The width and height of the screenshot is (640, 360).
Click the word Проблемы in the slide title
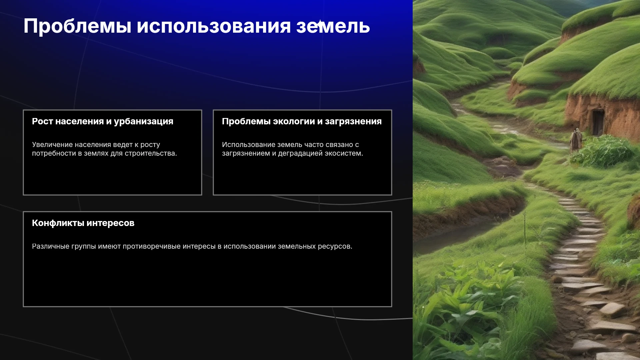pos(77,26)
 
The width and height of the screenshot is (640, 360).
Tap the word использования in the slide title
pos(214,26)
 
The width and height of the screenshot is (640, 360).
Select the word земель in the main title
pos(333,26)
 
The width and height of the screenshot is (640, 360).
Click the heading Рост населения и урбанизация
pos(103,122)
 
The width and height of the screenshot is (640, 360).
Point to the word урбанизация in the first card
pos(144,122)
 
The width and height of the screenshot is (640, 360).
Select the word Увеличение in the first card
pos(52,145)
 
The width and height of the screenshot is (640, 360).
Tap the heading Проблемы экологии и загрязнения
pos(302,122)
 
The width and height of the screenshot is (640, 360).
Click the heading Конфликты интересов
pos(83,223)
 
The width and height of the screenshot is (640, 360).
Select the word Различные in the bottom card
pos(51,246)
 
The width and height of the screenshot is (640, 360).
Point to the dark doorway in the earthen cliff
pos(598,122)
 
